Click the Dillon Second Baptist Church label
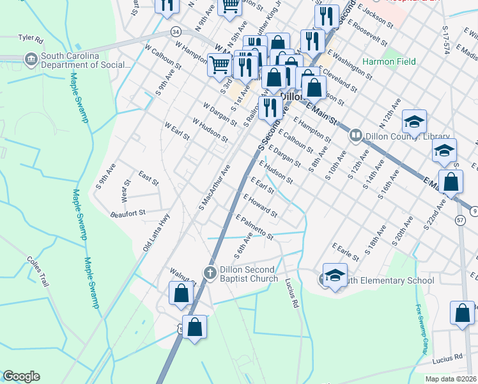[x=249, y=274]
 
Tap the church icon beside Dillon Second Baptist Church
[x=209, y=273]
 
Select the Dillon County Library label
[x=395, y=136]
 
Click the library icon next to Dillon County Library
[x=355, y=136]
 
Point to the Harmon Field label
[x=389, y=62]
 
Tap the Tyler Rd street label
[x=30, y=38]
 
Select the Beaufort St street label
[x=128, y=212]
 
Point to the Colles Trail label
[x=37, y=272]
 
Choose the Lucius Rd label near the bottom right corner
[x=447, y=362]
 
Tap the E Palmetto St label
[x=254, y=228]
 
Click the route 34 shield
[x=175, y=31]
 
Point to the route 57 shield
[x=460, y=220]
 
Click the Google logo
[x=21, y=376]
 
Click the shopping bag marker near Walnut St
[x=181, y=293]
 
